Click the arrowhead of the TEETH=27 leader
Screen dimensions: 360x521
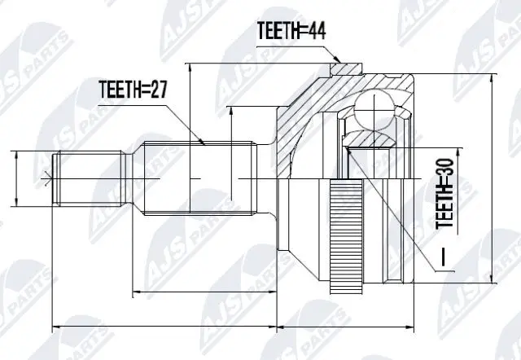204,143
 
